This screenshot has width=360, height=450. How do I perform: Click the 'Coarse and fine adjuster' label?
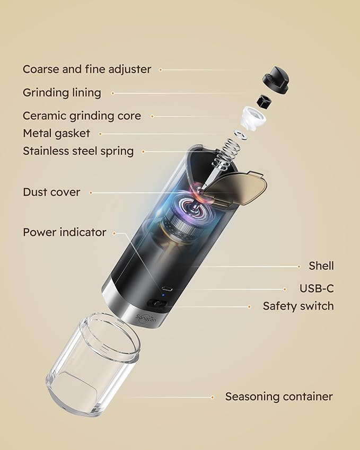coord(86,69)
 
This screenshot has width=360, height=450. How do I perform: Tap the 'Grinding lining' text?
coord(62,93)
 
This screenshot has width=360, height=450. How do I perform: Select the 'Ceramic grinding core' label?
coord(82,116)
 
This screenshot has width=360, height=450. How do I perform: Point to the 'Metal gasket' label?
coord(56,133)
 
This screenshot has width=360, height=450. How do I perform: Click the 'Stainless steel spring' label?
coord(78,151)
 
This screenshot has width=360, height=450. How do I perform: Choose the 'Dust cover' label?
coord(51,192)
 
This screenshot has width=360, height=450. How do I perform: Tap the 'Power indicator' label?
coord(64,232)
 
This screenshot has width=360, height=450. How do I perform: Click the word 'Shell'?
coord(321,266)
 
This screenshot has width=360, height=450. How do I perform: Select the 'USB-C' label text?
coord(317,289)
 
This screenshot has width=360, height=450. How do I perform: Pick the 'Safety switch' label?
coord(298,306)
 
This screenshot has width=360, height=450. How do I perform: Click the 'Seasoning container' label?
coord(279,396)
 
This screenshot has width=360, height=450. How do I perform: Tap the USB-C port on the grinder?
coord(166,289)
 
